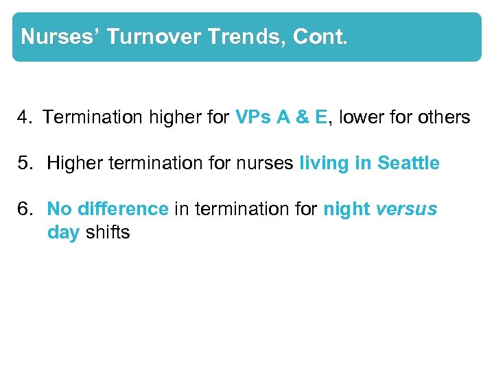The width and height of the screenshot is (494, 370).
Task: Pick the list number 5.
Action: pos(26,164)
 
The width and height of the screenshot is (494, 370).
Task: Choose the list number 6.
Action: pos(26,210)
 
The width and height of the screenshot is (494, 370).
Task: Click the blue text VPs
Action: pos(253,118)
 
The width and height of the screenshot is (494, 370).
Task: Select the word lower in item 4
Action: pos(362,118)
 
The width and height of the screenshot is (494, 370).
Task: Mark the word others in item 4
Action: pos(444,118)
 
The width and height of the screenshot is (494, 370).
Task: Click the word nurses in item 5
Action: pos(272,164)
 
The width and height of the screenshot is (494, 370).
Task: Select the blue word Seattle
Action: pos(408,164)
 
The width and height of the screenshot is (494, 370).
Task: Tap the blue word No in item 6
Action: pos(59,210)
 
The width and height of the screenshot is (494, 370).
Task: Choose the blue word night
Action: pos(346,210)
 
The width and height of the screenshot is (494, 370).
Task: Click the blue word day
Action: pos(64,233)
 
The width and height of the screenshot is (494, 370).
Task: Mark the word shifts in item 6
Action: pos(107,233)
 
